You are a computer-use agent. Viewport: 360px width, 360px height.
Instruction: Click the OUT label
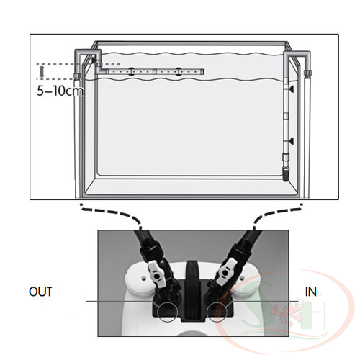point(40,292)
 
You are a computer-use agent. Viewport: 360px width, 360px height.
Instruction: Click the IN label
point(311,292)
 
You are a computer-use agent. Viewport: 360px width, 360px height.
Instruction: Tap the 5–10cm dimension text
point(60,91)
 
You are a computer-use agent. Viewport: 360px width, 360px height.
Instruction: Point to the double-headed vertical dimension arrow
point(42,71)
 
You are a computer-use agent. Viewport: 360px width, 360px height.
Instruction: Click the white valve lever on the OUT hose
point(156,274)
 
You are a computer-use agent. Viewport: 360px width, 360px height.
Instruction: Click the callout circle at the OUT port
point(167,312)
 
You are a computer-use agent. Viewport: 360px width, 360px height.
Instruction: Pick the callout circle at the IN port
point(217,312)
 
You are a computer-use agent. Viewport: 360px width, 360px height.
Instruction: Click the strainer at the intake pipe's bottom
point(286,174)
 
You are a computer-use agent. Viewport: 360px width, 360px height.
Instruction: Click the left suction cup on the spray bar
point(131,71)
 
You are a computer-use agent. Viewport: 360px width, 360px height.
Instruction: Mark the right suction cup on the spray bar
point(178,71)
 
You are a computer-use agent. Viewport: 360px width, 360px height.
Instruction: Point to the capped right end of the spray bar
point(203,71)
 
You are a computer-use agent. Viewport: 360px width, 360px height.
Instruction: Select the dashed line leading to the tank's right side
point(275,213)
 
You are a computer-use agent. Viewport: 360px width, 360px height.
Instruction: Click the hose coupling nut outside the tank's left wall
point(77,76)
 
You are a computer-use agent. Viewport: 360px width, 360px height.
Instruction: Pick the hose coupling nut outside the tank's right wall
point(307,73)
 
